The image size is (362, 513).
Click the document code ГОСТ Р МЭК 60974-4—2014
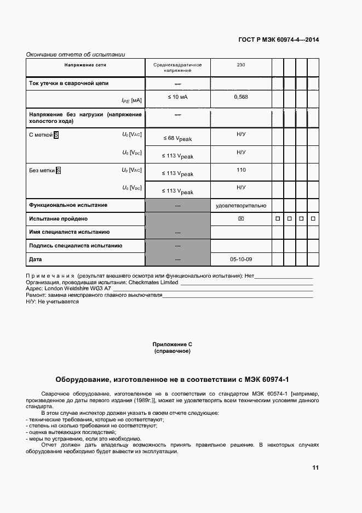coord(279,40)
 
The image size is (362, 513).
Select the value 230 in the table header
coord(240,65)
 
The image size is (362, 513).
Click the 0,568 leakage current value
coord(240,97)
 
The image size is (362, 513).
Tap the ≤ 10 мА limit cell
coord(177,97)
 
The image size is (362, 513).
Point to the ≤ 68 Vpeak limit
coord(177,138)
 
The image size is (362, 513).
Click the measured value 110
coord(240,170)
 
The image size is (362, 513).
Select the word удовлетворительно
coord(241,205)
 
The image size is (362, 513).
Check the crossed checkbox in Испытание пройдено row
coord(241,219)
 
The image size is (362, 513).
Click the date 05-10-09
coord(241,259)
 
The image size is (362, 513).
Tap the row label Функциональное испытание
coord(68,205)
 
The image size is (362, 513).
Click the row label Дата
coord(35,259)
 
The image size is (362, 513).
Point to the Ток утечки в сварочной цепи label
coord(68,83)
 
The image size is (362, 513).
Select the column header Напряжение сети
coord(85,65)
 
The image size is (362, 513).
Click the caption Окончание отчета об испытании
coord(76,54)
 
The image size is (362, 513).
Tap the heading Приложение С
coord(172,344)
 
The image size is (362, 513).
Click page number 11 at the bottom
coord(315,467)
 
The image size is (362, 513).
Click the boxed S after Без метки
coord(59,170)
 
